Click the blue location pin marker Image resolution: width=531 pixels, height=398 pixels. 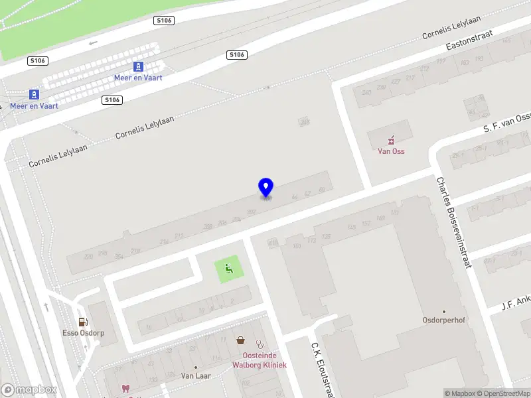tap(265, 187)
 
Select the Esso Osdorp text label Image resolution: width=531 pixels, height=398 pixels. tap(83, 333)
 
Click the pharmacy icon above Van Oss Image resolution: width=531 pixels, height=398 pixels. tap(392, 140)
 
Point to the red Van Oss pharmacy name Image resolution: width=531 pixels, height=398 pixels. tap(391, 151)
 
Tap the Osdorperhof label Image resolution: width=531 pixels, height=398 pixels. tap(443, 320)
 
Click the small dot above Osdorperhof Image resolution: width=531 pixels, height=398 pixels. tap(443, 310)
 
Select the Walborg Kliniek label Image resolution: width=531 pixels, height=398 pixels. tap(259, 365)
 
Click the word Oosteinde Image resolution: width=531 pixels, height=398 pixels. tap(250, 356)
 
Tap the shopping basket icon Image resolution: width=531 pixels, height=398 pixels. tap(240, 341)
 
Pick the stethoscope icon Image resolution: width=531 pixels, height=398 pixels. tap(260, 344)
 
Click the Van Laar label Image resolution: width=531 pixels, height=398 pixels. tap(196, 375)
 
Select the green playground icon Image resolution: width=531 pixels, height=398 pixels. tap(228, 269)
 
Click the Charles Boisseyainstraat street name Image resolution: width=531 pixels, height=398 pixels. tap(453, 222)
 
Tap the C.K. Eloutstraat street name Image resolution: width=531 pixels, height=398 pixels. tap(321, 368)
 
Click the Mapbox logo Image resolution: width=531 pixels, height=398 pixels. tap(29, 390)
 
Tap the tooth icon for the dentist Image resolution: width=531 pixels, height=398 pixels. tap(125, 389)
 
